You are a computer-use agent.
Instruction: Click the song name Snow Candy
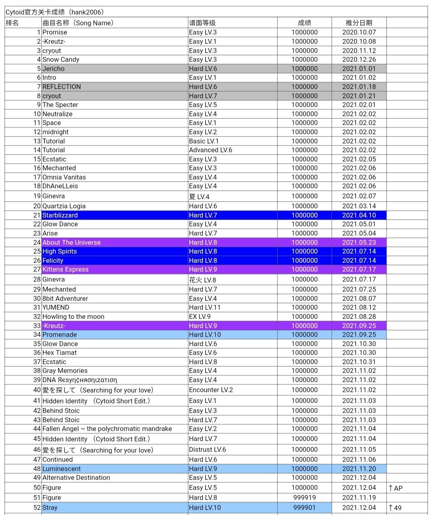(x=61, y=60)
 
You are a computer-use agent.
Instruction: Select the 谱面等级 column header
(x=202, y=23)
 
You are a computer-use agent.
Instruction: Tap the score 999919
(x=304, y=498)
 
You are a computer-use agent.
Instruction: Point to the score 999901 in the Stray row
(x=304, y=508)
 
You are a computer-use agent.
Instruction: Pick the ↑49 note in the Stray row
(x=395, y=508)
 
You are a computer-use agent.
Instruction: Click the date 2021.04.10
(x=359, y=215)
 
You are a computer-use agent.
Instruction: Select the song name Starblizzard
(x=60, y=215)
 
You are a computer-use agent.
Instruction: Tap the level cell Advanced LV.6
(x=210, y=150)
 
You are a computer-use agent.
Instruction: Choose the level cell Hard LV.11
(x=205, y=308)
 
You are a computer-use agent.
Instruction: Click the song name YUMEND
(x=56, y=308)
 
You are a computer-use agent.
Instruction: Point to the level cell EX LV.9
(x=200, y=317)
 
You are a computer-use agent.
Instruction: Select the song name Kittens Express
(x=65, y=270)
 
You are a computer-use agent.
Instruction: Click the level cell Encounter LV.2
(x=211, y=390)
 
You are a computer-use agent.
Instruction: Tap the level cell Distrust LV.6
(x=208, y=450)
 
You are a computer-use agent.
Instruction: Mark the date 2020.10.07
(x=359, y=32)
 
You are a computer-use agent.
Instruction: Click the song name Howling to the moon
(x=73, y=317)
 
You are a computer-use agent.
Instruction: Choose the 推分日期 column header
(x=359, y=23)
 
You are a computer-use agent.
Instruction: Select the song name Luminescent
(x=61, y=469)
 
